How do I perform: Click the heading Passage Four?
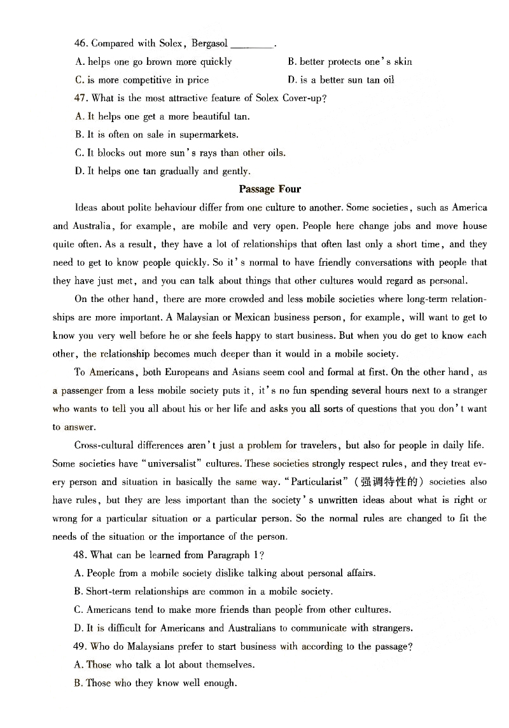click(270, 189)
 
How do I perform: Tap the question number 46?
click(80, 44)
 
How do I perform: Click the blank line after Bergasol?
click(251, 45)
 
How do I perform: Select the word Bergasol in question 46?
click(208, 44)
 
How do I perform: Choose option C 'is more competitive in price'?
click(141, 80)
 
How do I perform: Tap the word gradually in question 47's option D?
click(179, 171)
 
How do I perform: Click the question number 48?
click(80, 555)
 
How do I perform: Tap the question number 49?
click(80, 647)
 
